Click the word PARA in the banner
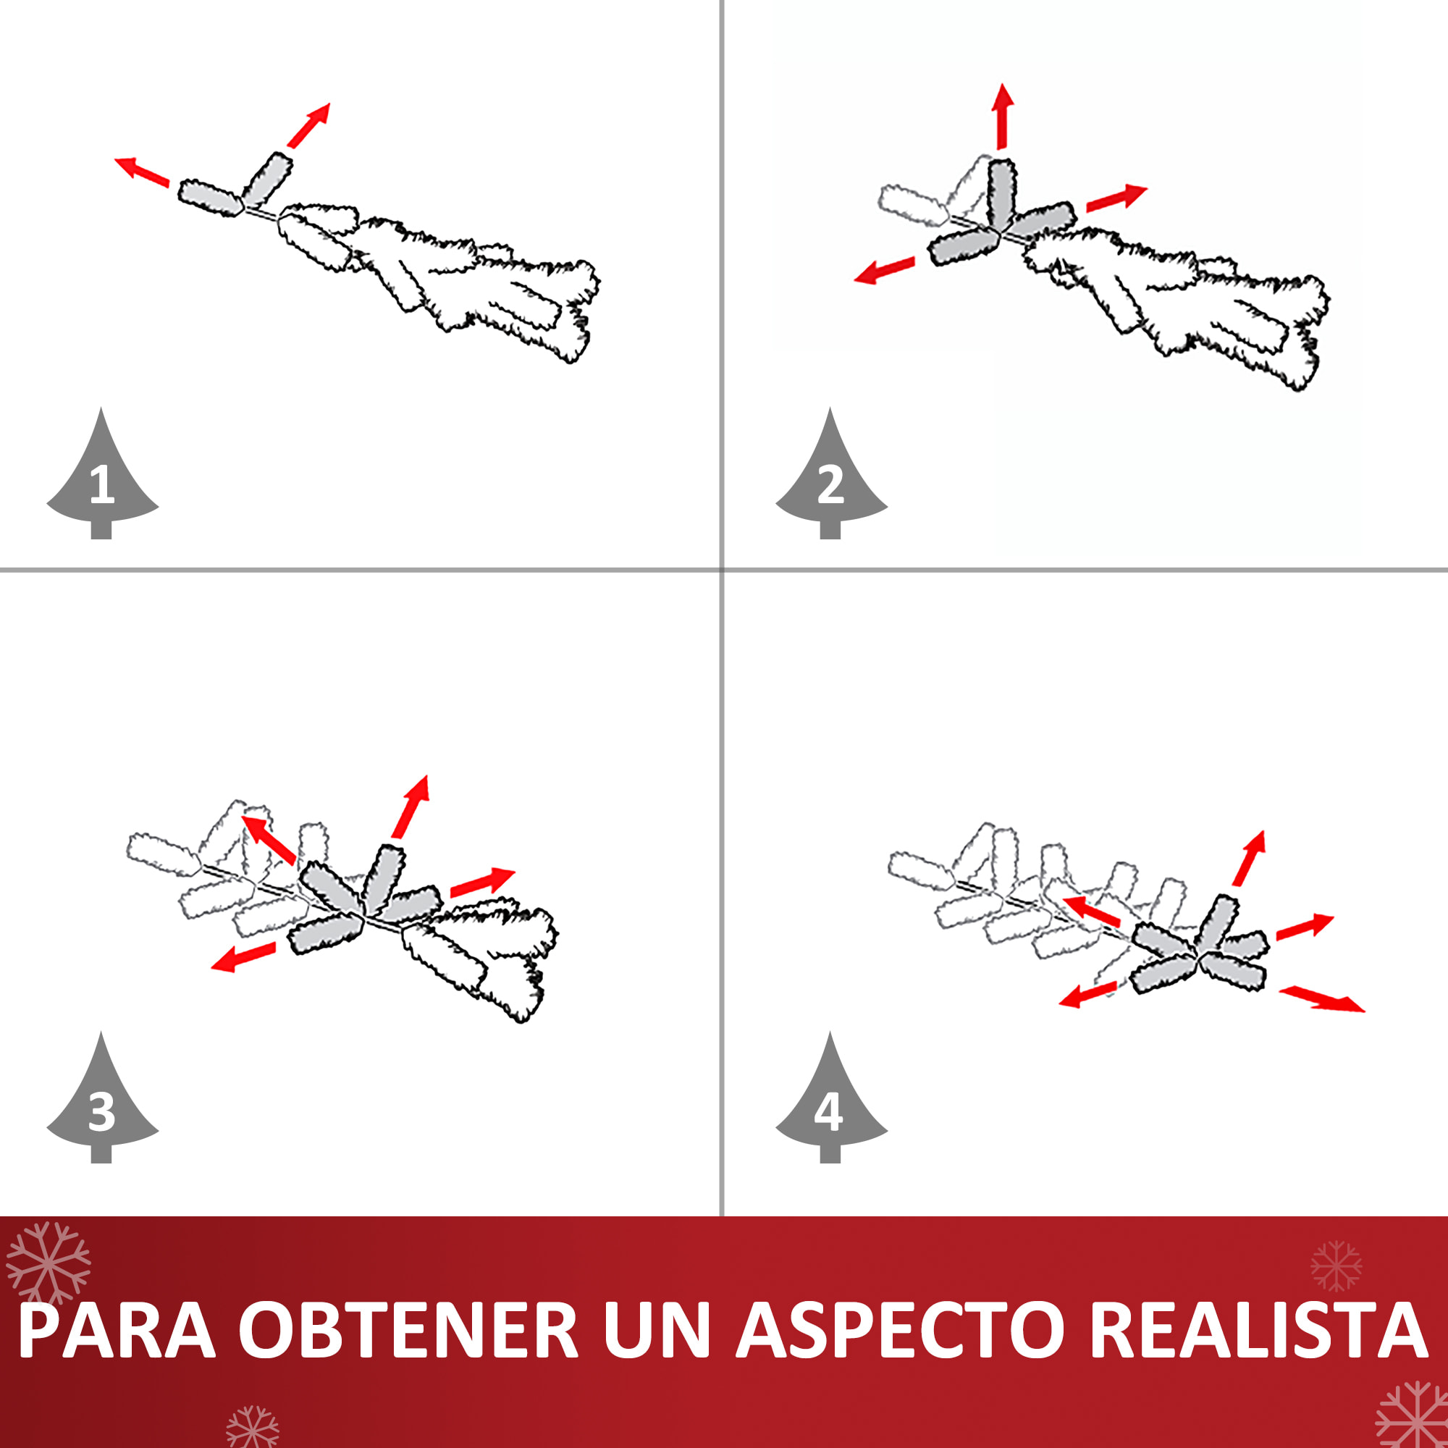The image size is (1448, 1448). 117,1330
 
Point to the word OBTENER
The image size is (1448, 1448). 408,1330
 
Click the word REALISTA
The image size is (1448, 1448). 1258,1330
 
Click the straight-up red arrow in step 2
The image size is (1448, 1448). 1002,116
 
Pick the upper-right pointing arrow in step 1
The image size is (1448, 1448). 308,126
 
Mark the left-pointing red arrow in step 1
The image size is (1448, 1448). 142,172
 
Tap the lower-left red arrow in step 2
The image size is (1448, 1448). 885,270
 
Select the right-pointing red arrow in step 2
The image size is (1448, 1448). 1116,197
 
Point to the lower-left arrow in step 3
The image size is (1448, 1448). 243,957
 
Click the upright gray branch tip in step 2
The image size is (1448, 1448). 1002,193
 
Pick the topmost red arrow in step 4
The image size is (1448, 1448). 1250,858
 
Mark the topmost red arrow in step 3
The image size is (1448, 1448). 410,807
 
